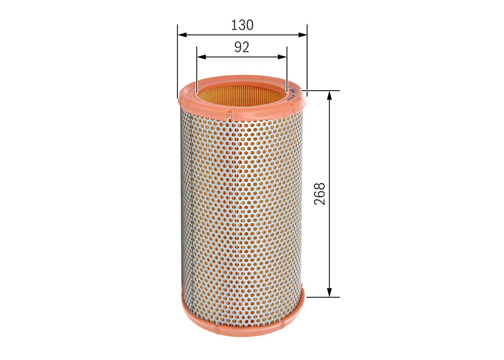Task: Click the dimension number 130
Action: click(x=242, y=25)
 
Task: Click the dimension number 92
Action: click(x=242, y=47)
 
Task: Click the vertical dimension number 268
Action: click(x=320, y=194)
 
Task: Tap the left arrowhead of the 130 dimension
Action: click(x=182, y=35)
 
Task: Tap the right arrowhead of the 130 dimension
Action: click(x=303, y=35)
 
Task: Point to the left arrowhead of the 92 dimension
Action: click(x=201, y=57)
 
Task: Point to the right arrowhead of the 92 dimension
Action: click(x=282, y=57)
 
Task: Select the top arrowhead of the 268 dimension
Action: click(x=330, y=95)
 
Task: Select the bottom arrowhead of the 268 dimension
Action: click(x=330, y=293)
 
